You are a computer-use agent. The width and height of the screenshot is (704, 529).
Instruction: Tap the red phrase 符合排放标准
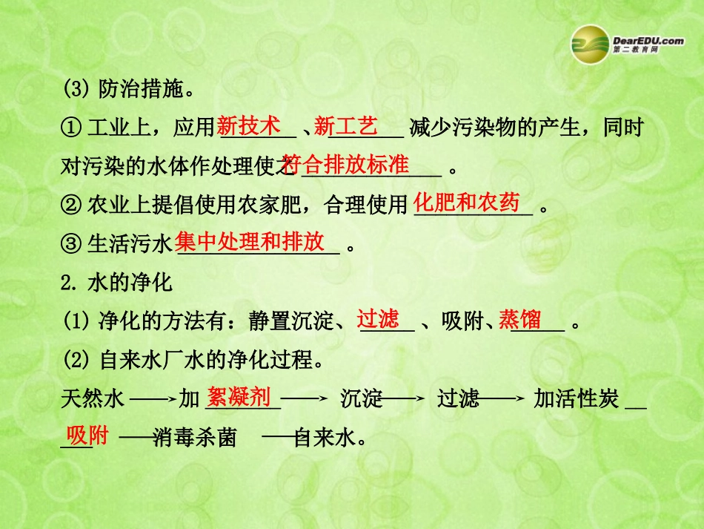(x=346, y=165)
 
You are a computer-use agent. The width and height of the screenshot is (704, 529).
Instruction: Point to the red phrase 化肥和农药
(x=466, y=203)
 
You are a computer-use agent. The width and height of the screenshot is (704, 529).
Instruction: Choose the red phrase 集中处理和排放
(x=250, y=241)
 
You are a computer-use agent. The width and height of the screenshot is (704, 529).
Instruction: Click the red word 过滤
(x=378, y=319)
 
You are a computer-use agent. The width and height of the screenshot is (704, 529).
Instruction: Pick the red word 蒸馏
(x=519, y=319)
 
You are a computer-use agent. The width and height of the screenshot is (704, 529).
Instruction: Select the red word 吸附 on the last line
(x=87, y=434)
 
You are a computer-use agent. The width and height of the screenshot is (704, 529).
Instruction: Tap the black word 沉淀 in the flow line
(x=362, y=399)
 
